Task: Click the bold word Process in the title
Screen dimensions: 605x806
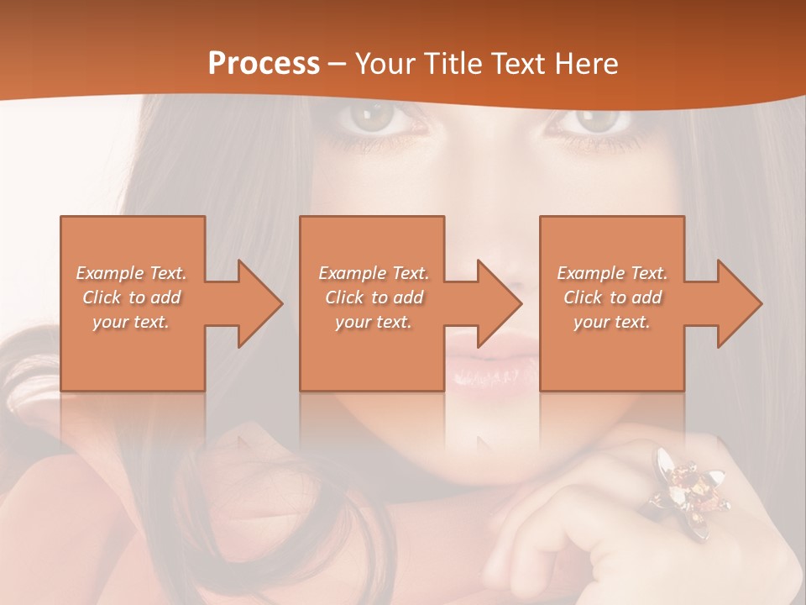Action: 264,63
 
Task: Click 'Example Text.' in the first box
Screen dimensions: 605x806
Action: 132,273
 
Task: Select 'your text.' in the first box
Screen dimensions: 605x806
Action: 132,322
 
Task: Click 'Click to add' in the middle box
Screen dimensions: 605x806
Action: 374,297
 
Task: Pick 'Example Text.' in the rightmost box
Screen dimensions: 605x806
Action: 612,273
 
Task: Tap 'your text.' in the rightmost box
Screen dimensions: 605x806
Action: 612,322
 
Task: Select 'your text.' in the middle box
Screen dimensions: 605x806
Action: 374,322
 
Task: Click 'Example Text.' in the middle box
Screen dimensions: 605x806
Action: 374,273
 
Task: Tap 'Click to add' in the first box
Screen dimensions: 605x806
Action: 132,297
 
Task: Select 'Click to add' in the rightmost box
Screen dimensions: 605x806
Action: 612,297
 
